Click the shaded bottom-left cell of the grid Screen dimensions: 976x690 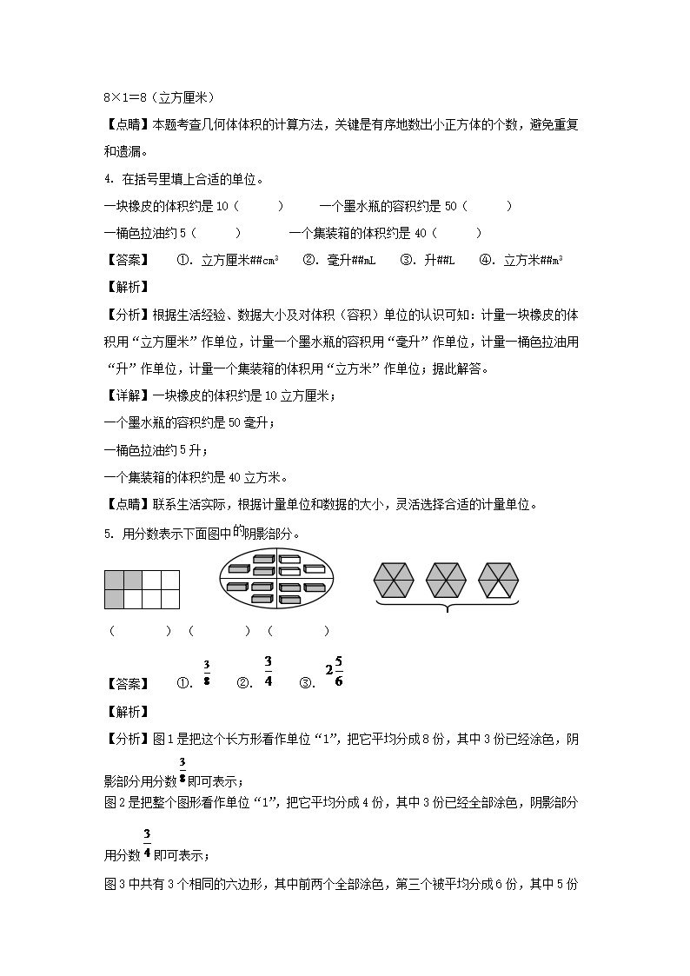114,599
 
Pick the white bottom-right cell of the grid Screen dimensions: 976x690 170,599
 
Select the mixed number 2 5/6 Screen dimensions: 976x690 334,671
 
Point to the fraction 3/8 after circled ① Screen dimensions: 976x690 207,673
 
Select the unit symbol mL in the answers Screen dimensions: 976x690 368,260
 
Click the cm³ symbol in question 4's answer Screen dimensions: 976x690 270,260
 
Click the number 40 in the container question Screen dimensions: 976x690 421,233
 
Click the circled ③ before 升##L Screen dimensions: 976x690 406,260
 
